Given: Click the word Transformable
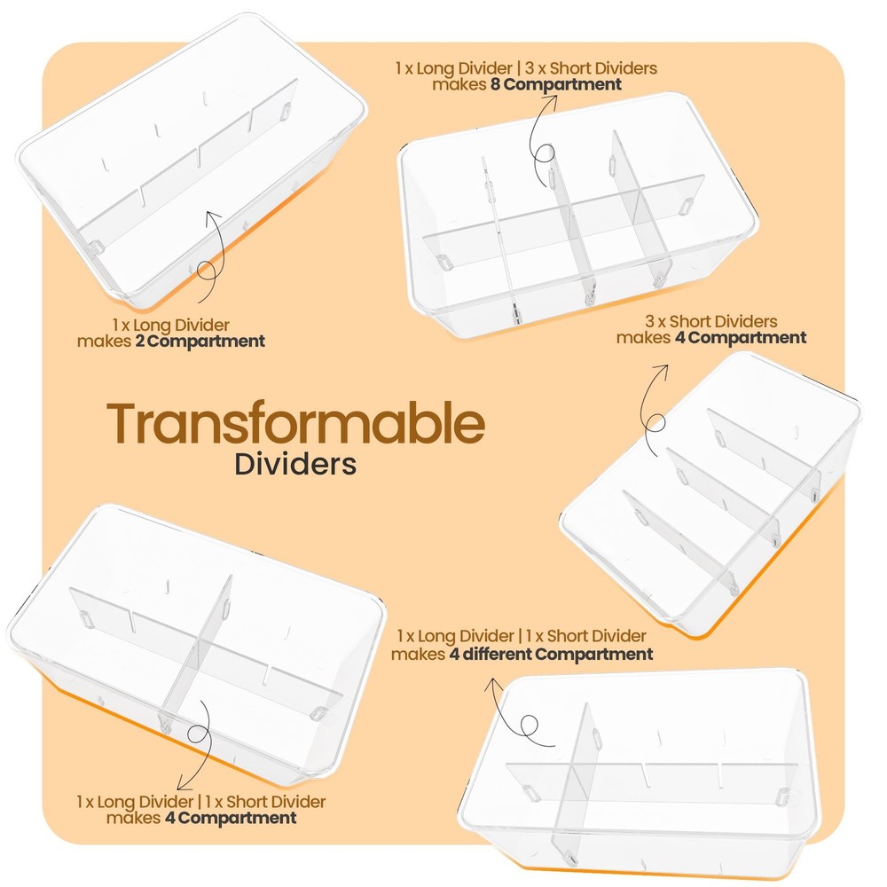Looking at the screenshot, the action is pos(295,422).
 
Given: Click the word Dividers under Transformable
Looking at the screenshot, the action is pos(295,463).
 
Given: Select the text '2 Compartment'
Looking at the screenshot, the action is pos(200,341).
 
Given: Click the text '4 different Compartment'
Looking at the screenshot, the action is pos(551,654).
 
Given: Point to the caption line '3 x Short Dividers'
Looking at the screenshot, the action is pos(711,321).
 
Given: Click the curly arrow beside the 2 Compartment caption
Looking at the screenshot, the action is pos(213,257).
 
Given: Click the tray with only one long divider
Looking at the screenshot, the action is pos(192,161).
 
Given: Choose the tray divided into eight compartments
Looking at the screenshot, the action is pos(578,216).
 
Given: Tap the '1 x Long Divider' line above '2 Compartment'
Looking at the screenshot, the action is pos(170,326).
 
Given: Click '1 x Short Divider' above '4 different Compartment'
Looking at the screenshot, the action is pos(585,636).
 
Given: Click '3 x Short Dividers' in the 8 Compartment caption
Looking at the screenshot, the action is pos(591,68).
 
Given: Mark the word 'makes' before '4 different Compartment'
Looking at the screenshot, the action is pos(418,655).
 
